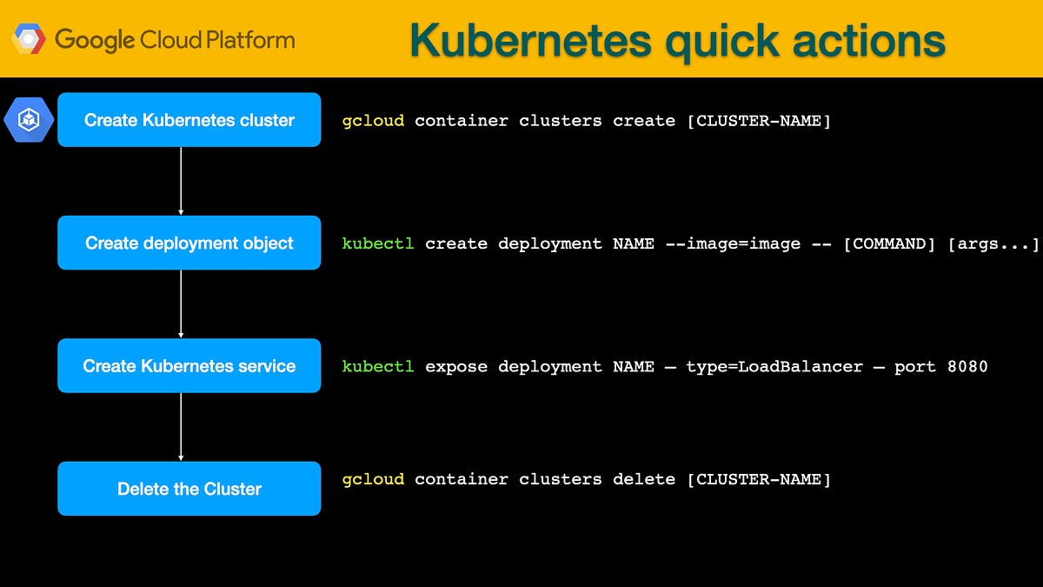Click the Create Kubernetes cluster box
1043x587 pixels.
point(189,120)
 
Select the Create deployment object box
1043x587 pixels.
point(189,243)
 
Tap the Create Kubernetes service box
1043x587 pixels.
point(189,366)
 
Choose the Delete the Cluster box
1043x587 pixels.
point(189,489)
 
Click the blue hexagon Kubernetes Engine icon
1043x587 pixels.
point(29,120)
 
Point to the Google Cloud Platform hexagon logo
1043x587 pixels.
point(29,39)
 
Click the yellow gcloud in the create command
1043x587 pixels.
point(373,121)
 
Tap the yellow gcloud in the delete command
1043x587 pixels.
point(373,479)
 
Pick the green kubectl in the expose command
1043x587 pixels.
point(378,366)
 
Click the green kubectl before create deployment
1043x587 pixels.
point(378,243)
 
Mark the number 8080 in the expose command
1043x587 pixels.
point(967,366)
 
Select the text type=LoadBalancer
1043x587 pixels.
point(774,366)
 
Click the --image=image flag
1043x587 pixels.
point(733,243)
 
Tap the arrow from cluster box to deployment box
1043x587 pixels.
point(181,181)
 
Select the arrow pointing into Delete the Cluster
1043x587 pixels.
point(181,427)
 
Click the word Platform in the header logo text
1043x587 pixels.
point(257,39)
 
